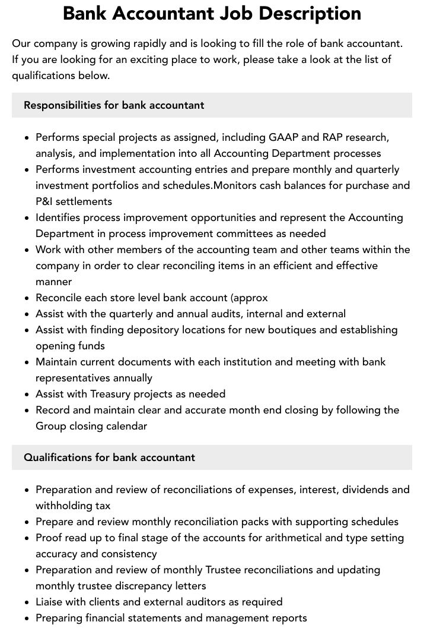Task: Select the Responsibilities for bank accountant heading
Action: click(x=114, y=105)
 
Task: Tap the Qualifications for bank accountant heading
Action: click(x=109, y=457)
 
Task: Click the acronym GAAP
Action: click(x=284, y=137)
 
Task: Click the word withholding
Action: click(x=65, y=506)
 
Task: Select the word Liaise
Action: click(x=50, y=602)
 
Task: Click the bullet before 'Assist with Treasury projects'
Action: click(x=27, y=394)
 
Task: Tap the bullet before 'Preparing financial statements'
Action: click(x=27, y=618)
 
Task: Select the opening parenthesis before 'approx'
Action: click(x=232, y=298)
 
